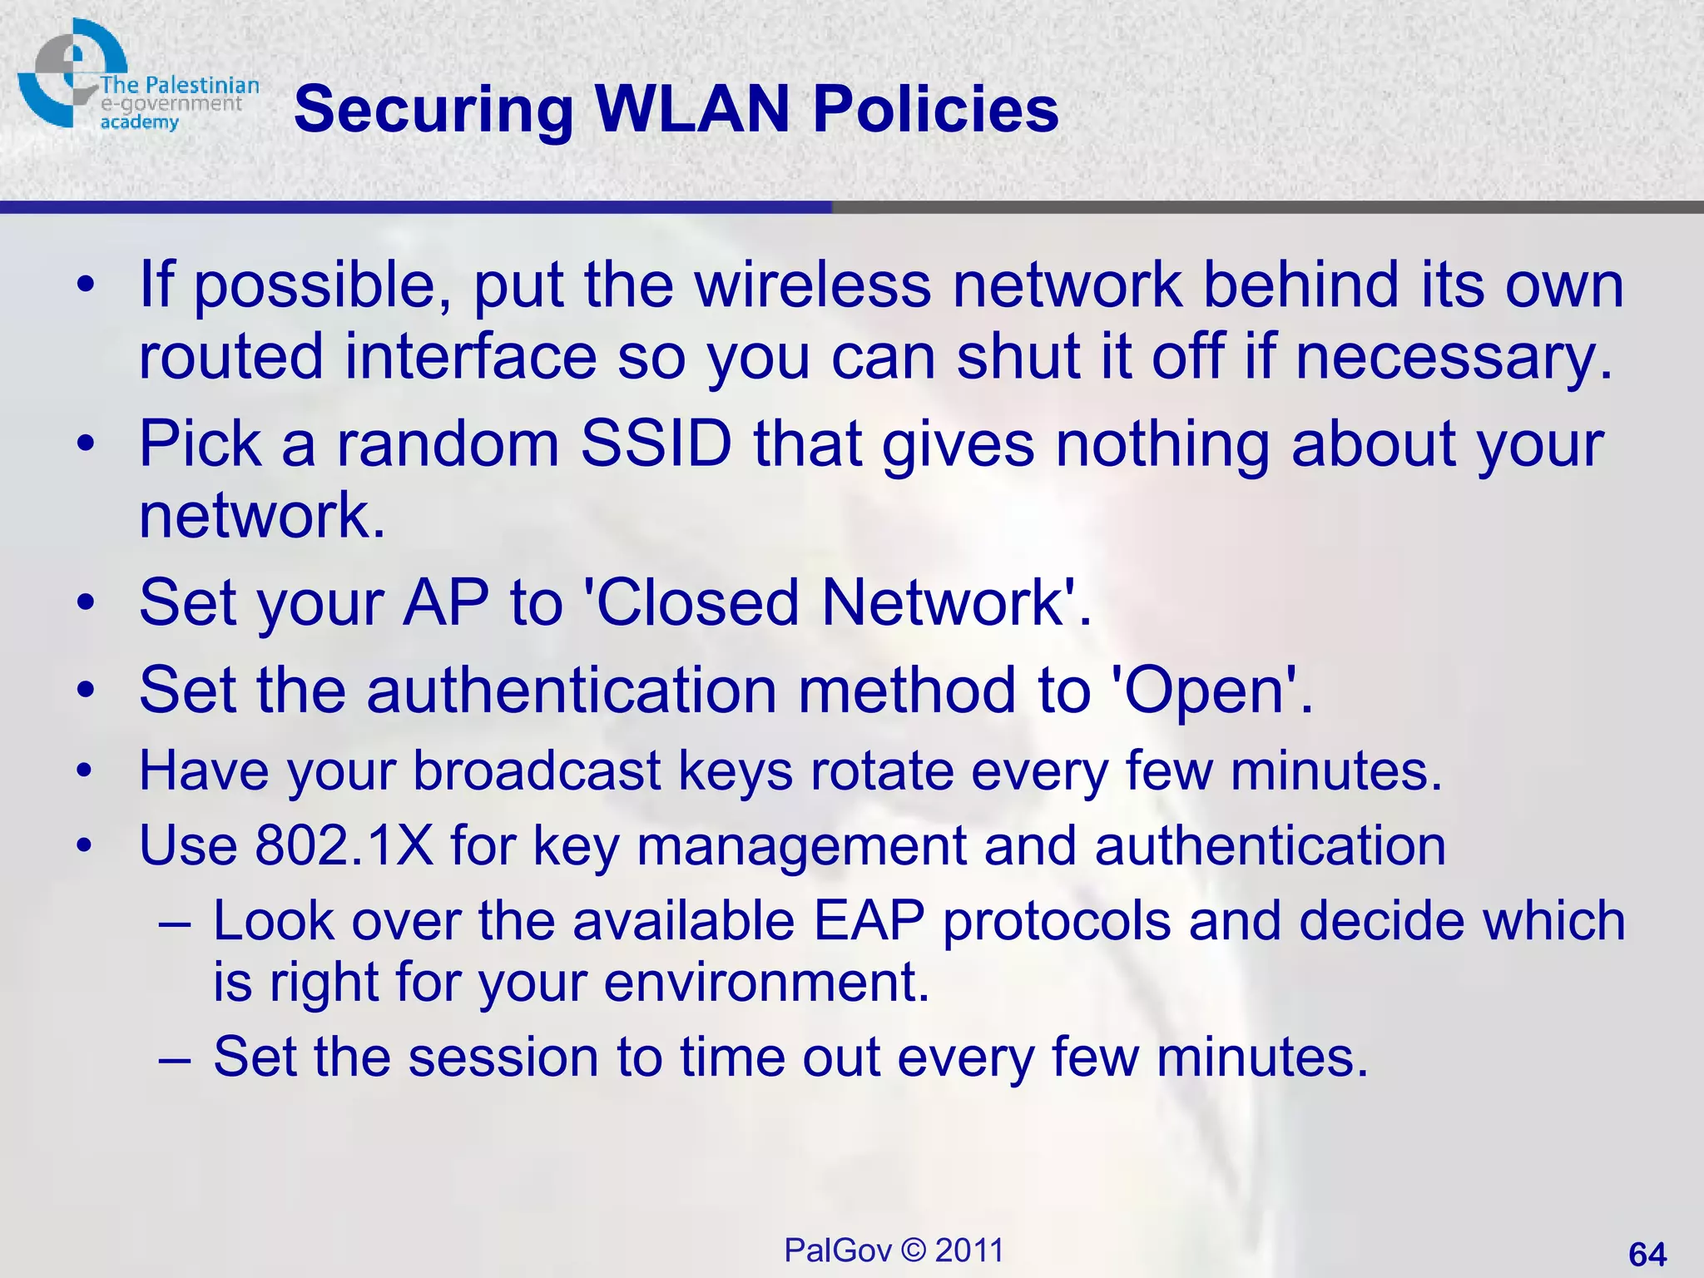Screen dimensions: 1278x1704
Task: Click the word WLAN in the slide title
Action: pyautogui.click(x=692, y=109)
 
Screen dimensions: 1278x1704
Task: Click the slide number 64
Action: pyautogui.click(x=1647, y=1254)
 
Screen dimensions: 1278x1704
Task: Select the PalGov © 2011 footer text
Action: pyautogui.click(x=894, y=1251)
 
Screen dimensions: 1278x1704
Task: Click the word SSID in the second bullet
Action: pyautogui.click(x=656, y=443)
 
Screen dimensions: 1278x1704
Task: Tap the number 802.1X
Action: pyautogui.click(x=344, y=845)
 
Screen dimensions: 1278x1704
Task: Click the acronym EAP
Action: pyautogui.click(x=869, y=921)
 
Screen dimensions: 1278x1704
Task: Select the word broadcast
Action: pyautogui.click(x=537, y=770)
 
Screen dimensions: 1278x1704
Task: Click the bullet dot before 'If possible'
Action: pyautogui.click(x=85, y=286)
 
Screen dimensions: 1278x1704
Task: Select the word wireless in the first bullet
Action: pyautogui.click(x=813, y=285)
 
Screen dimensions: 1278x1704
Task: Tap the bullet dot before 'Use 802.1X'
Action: pyautogui.click(x=85, y=847)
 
